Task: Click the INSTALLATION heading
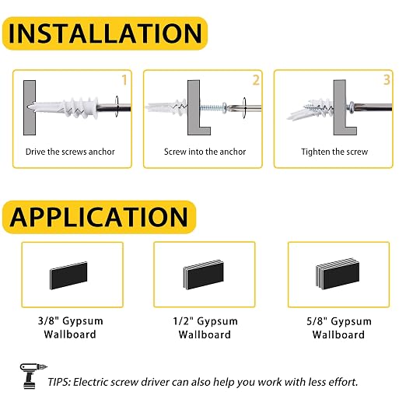click(x=105, y=33)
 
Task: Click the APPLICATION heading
click(x=99, y=217)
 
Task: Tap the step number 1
click(x=124, y=80)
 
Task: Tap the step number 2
click(x=256, y=80)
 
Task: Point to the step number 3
click(x=387, y=80)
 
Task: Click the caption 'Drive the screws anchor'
click(x=70, y=152)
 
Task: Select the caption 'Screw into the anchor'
click(x=205, y=152)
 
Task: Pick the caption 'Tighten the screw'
click(x=334, y=152)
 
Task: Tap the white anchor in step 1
click(x=64, y=107)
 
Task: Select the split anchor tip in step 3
click(x=298, y=114)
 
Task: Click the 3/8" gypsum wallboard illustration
click(x=68, y=275)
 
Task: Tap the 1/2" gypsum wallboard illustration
click(x=203, y=275)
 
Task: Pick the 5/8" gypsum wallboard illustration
click(x=338, y=273)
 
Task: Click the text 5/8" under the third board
click(x=317, y=321)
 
